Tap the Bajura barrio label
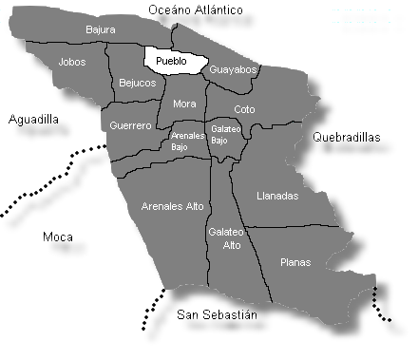tap(100, 29)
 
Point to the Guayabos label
tap(233, 69)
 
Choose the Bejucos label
tap(137, 83)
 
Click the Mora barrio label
tap(184, 104)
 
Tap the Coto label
tap(244, 109)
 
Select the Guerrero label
tap(130, 125)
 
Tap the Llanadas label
tap(277, 196)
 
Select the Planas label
tap(295, 262)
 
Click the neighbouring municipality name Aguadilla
tap(33, 120)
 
